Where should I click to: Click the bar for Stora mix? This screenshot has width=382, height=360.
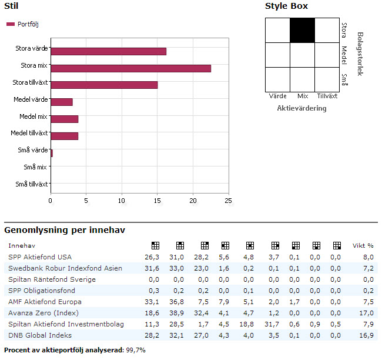(130, 68)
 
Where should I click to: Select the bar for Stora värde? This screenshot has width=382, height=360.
(108, 51)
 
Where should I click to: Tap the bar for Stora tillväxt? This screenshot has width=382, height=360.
(104, 85)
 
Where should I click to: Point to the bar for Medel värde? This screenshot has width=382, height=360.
(61, 102)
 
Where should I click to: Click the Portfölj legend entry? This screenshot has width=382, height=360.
(23, 24)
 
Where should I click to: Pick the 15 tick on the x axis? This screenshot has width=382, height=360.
(158, 200)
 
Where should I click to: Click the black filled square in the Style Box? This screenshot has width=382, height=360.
(303, 31)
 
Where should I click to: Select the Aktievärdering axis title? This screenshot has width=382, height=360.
(301, 108)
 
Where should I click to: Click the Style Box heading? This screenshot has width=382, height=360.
(286, 6)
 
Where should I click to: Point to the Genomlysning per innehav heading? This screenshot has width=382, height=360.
(65, 230)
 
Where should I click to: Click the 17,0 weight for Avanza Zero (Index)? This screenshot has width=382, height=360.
(367, 313)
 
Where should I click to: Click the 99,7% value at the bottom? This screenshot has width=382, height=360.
(136, 350)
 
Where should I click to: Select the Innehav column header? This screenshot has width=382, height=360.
(21, 245)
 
